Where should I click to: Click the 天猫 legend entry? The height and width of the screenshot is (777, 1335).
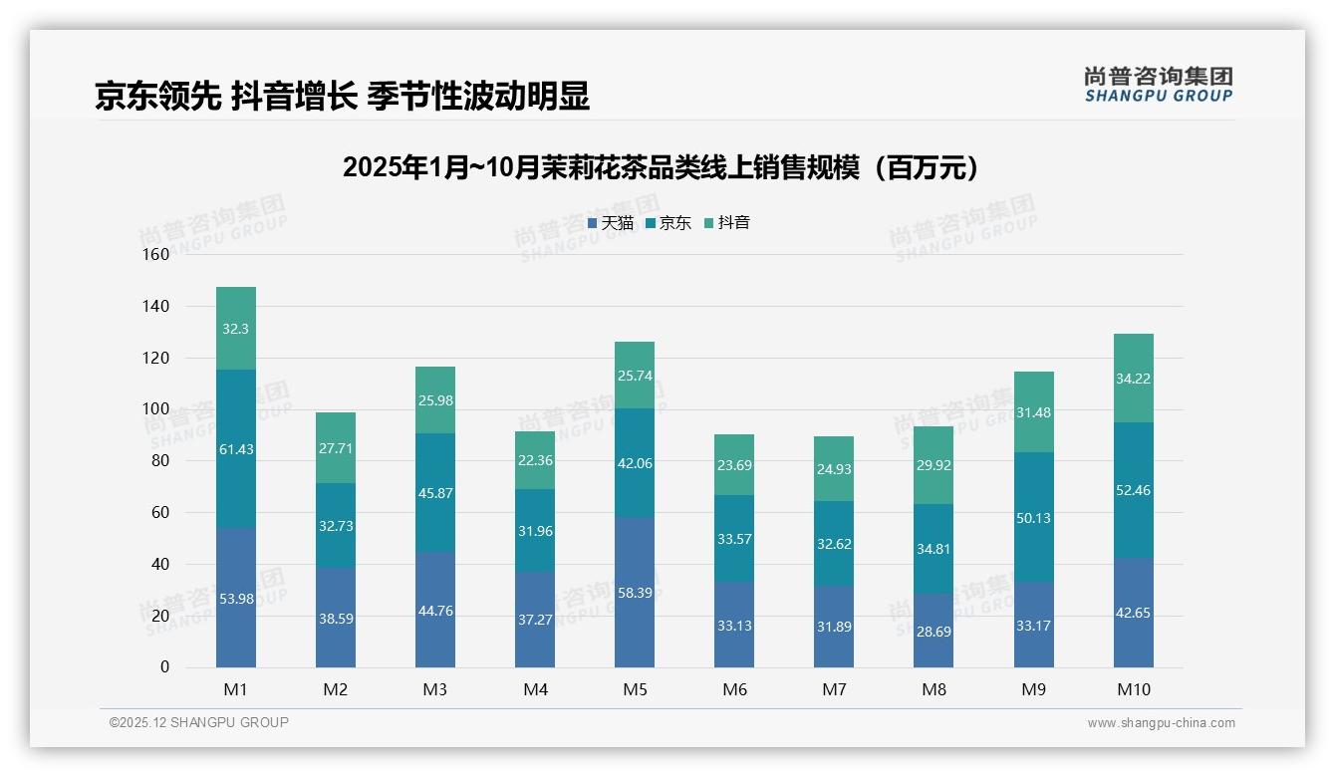pyautogui.click(x=611, y=223)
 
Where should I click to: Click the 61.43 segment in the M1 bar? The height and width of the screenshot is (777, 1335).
pyautogui.click(x=236, y=449)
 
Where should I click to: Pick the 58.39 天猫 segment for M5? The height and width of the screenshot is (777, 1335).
pyautogui.click(x=635, y=593)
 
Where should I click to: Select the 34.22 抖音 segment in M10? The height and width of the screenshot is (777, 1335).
pyautogui.click(x=1134, y=379)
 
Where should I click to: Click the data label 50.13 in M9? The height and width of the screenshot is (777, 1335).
pyautogui.click(x=1034, y=518)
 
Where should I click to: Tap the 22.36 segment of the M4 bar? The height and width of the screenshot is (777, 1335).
pyautogui.click(x=535, y=459)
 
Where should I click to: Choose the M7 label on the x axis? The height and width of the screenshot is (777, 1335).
pyautogui.click(x=834, y=689)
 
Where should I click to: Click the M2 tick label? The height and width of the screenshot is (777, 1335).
pyautogui.click(x=336, y=689)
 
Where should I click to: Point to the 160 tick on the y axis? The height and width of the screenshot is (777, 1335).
pyautogui.click(x=156, y=255)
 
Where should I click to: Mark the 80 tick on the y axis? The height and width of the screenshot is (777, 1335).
pyautogui.click(x=159, y=461)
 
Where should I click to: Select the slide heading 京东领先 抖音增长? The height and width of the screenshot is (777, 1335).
pyautogui.click(x=342, y=96)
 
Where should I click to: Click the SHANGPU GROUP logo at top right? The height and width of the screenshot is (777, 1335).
pyautogui.click(x=1158, y=85)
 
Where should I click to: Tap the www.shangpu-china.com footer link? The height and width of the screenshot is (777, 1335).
pyautogui.click(x=1161, y=723)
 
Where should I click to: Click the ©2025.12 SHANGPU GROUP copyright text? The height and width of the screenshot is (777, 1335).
pyautogui.click(x=199, y=722)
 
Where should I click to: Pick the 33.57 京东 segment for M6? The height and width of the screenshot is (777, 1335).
pyautogui.click(x=734, y=539)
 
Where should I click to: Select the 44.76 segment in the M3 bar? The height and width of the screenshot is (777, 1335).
pyautogui.click(x=435, y=611)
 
